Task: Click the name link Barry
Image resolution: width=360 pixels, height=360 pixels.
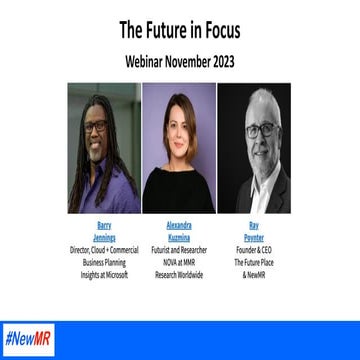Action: pos(104,226)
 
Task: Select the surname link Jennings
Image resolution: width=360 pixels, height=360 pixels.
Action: pos(104,237)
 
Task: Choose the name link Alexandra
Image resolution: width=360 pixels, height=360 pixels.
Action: pos(178,226)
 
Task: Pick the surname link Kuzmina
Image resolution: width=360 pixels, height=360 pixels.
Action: pos(178,237)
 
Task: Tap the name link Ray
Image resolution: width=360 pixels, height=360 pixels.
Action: pos(252,226)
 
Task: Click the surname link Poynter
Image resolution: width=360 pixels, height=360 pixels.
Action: pos(252,237)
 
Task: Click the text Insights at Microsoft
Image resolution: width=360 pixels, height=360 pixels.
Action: pos(104,271)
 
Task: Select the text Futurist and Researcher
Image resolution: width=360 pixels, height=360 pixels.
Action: pos(178,248)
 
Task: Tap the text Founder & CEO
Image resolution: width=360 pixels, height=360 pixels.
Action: pos(252,248)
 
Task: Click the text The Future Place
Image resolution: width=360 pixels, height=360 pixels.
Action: pos(252,260)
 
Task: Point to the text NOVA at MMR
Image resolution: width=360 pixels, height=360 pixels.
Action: pos(178,260)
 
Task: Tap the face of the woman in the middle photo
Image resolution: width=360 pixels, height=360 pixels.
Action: pos(178,127)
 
